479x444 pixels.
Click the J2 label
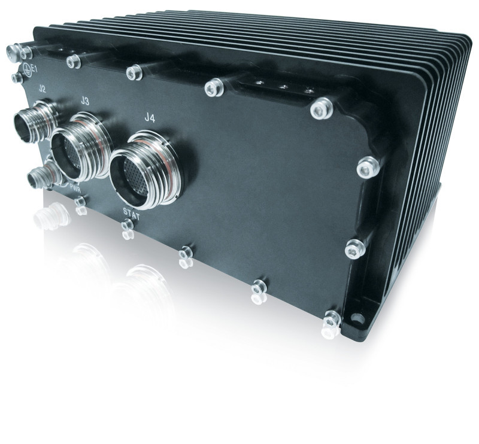pyautogui.click(x=42, y=89)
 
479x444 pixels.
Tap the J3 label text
pyautogui.click(x=84, y=102)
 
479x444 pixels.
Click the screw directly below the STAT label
pyautogui.click(x=126, y=226)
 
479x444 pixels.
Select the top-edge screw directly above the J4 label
pyautogui.click(x=134, y=72)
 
